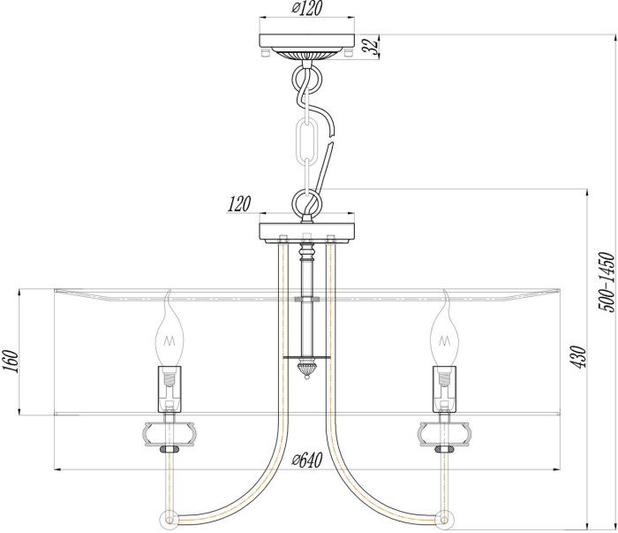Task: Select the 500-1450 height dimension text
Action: point(605,282)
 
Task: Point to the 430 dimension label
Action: point(579,355)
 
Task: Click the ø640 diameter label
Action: point(305,460)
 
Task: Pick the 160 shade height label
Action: point(11,362)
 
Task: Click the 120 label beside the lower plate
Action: point(238,205)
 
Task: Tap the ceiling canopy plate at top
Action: point(306,44)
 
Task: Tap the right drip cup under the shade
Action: point(444,434)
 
